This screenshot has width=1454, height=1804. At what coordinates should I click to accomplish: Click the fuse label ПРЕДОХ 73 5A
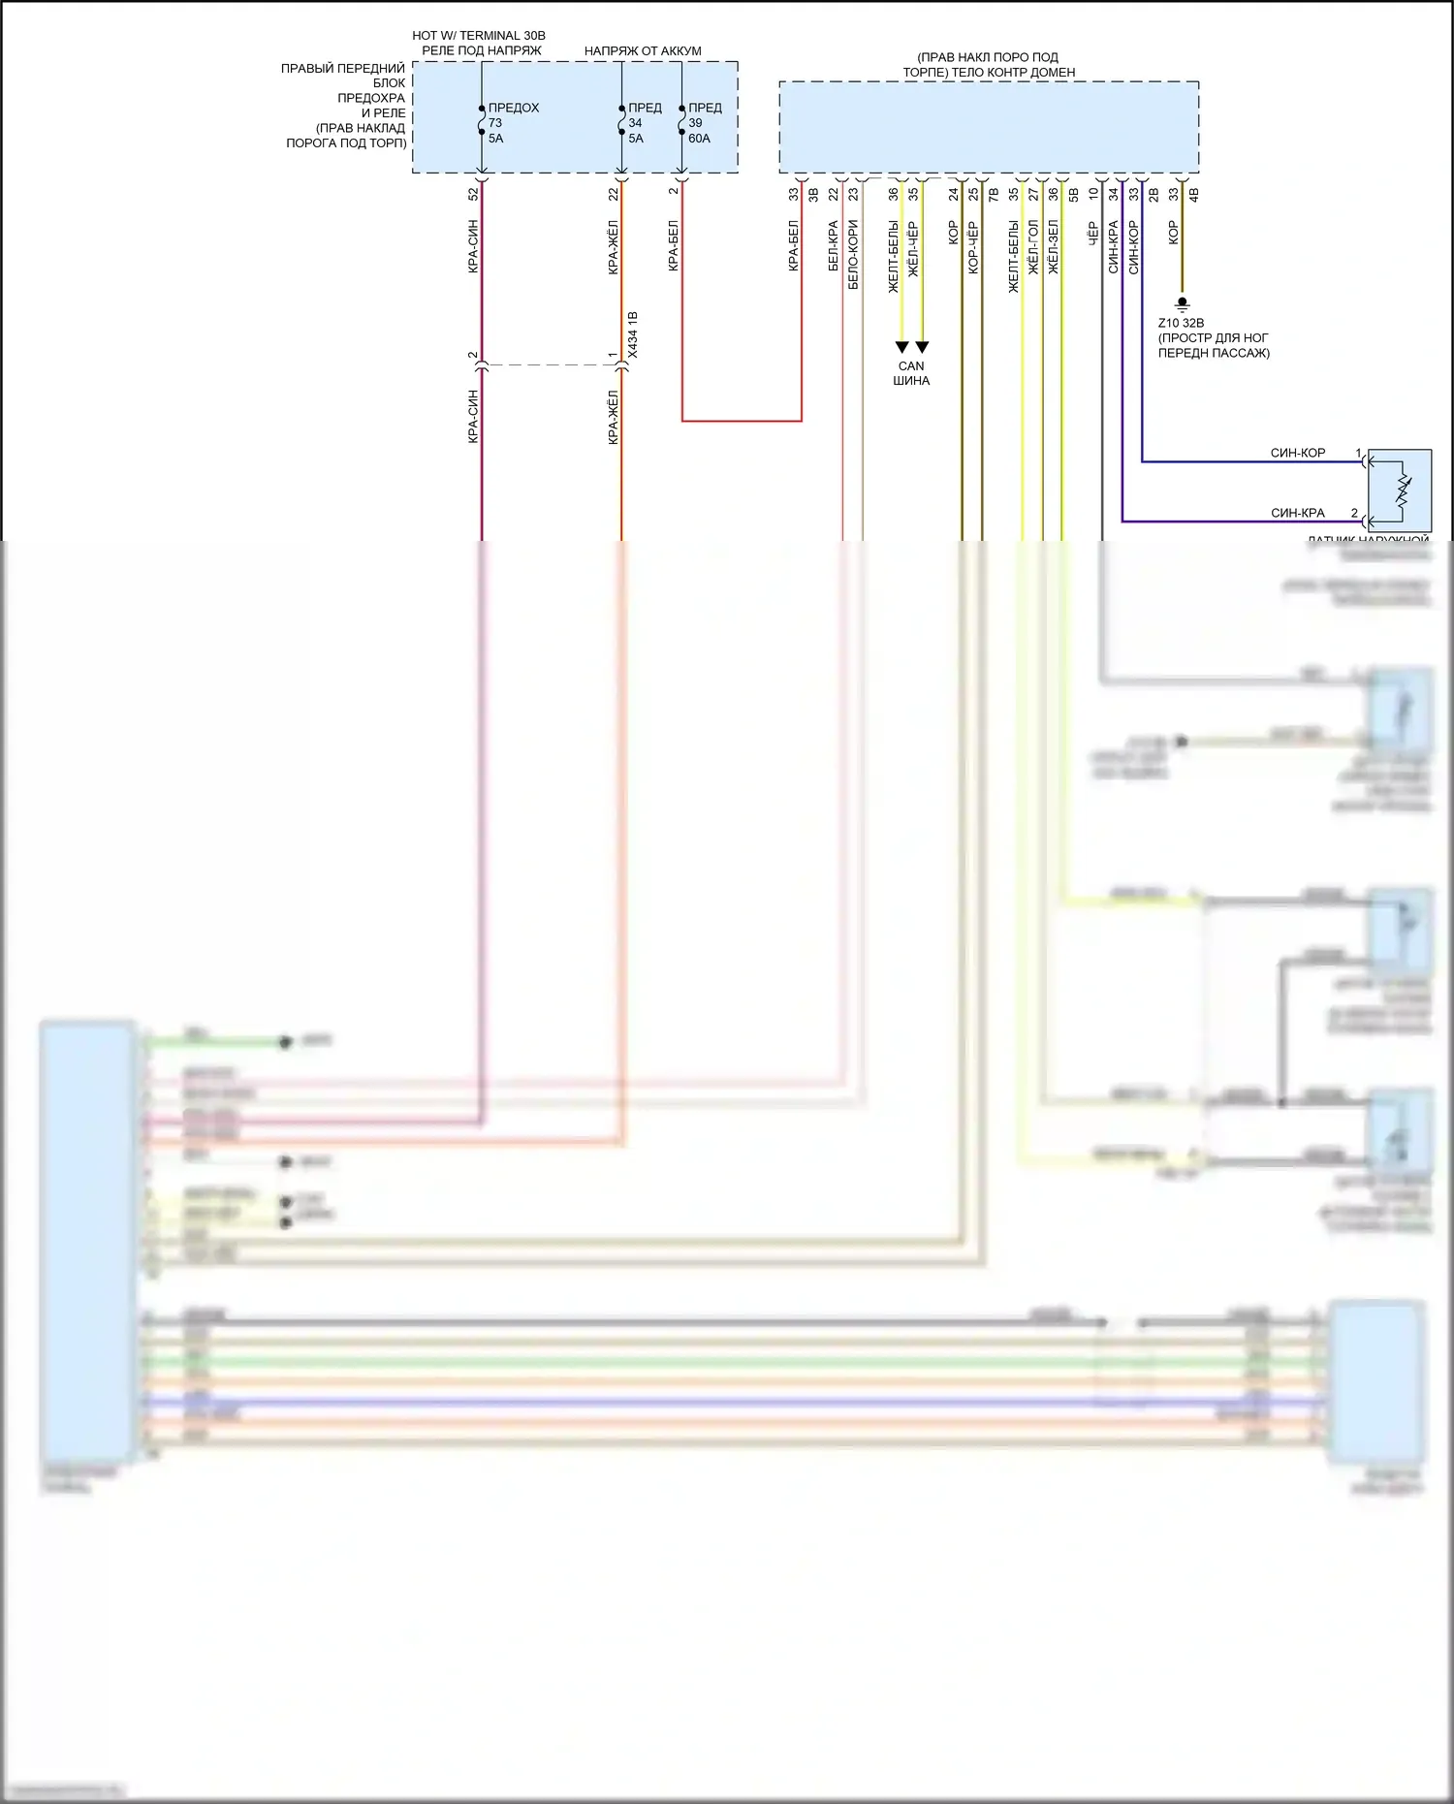click(512, 123)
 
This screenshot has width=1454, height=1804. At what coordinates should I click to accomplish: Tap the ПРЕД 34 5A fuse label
click(644, 123)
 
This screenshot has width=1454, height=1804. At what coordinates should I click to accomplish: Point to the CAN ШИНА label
click(911, 373)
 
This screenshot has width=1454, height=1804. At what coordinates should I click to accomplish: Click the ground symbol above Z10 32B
click(1182, 303)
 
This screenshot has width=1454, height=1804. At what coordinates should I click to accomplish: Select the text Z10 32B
click(1181, 323)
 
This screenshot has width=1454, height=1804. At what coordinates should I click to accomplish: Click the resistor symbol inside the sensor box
click(1402, 491)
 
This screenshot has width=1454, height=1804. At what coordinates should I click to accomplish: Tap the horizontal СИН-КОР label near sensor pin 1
click(1297, 453)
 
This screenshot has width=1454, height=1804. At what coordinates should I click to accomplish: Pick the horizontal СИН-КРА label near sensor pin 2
click(1297, 513)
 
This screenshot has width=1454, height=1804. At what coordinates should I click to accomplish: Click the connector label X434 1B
click(633, 335)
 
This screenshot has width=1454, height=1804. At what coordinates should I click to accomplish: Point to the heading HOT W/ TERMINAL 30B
click(479, 36)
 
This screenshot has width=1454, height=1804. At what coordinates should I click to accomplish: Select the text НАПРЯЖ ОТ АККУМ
click(643, 51)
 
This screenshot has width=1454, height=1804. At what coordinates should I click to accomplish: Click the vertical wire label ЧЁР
click(1093, 234)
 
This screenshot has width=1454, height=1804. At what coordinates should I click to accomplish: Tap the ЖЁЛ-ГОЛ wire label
click(1033, 247)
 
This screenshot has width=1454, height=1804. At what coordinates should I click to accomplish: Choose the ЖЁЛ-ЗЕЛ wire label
click(1054, 247)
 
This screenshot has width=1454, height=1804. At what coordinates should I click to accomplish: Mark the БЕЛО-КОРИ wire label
click(853, 255)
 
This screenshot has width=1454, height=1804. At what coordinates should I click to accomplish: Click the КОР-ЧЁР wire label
click(973, 247)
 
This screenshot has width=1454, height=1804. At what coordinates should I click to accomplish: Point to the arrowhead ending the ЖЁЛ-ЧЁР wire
click(922, 347)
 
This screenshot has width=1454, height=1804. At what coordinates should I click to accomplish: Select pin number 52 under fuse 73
click(473, 194)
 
